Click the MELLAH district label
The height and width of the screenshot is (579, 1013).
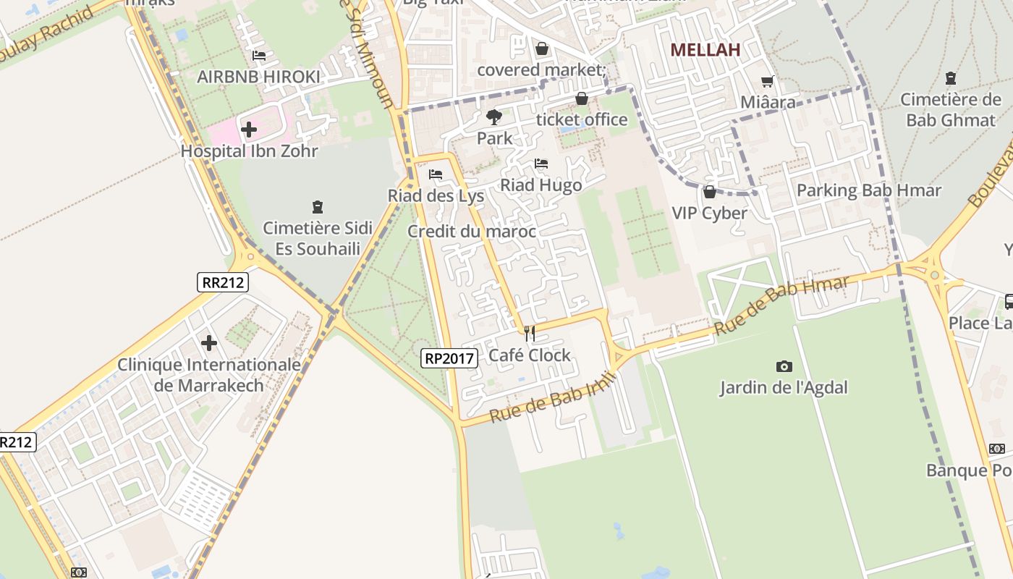pos(705,50)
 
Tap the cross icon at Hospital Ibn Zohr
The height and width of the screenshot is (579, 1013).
pos(249,130)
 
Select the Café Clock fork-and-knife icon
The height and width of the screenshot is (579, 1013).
pos(530,334)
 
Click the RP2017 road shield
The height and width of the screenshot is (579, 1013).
pos(449,358)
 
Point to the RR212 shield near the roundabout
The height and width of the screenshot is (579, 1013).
pos(223,282)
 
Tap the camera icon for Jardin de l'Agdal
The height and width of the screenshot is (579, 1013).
pos(784,366)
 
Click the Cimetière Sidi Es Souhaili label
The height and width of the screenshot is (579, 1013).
pos(317,238)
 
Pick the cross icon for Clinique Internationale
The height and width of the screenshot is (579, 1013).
pos(209,342)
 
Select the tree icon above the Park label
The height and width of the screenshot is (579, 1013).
pos(494,117)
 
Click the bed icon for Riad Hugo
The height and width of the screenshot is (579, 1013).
pos(541,164)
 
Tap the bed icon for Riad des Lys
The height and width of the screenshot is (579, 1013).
pos(436,174)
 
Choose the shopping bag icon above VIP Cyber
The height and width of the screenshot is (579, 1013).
pos(709,192)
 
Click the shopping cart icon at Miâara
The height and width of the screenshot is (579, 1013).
pos(767,82)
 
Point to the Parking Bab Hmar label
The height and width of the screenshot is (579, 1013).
pos(868,190)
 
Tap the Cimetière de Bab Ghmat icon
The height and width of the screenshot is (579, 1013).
pos(951,78)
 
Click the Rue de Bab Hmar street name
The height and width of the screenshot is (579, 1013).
pos(781,305)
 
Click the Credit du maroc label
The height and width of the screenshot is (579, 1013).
pos(472,232)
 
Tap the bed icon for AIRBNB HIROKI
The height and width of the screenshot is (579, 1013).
pos(259,56)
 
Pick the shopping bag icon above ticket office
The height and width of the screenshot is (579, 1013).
pos(582,98)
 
